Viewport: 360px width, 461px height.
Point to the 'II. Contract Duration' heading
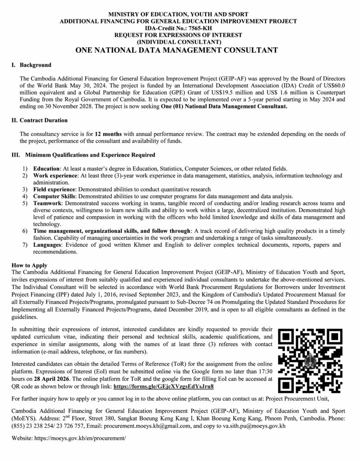(x=39, y=121)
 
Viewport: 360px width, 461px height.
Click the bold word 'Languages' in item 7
(x=49, y=245)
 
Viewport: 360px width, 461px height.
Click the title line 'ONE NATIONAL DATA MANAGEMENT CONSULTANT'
(x=179, y=50)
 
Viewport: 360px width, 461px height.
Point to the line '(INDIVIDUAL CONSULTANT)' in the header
(x=179, y=42)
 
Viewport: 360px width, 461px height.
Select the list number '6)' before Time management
(x=25, y=231)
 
